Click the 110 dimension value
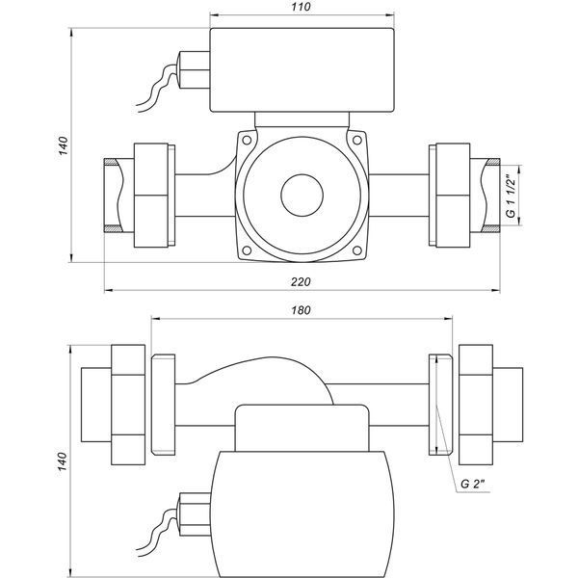301,7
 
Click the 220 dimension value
301,282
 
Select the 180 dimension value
301,310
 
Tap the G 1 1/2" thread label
511,196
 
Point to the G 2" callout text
475,484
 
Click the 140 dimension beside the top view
64,145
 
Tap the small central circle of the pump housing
302,196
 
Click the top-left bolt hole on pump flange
247,140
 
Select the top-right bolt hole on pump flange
356,140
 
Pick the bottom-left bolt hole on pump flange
247,250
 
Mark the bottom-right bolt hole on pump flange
356,250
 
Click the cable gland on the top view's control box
194,70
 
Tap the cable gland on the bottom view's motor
194,513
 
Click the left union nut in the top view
151,195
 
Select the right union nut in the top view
453,195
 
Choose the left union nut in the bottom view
128,405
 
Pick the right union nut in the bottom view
476,405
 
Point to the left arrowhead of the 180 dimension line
156,319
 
